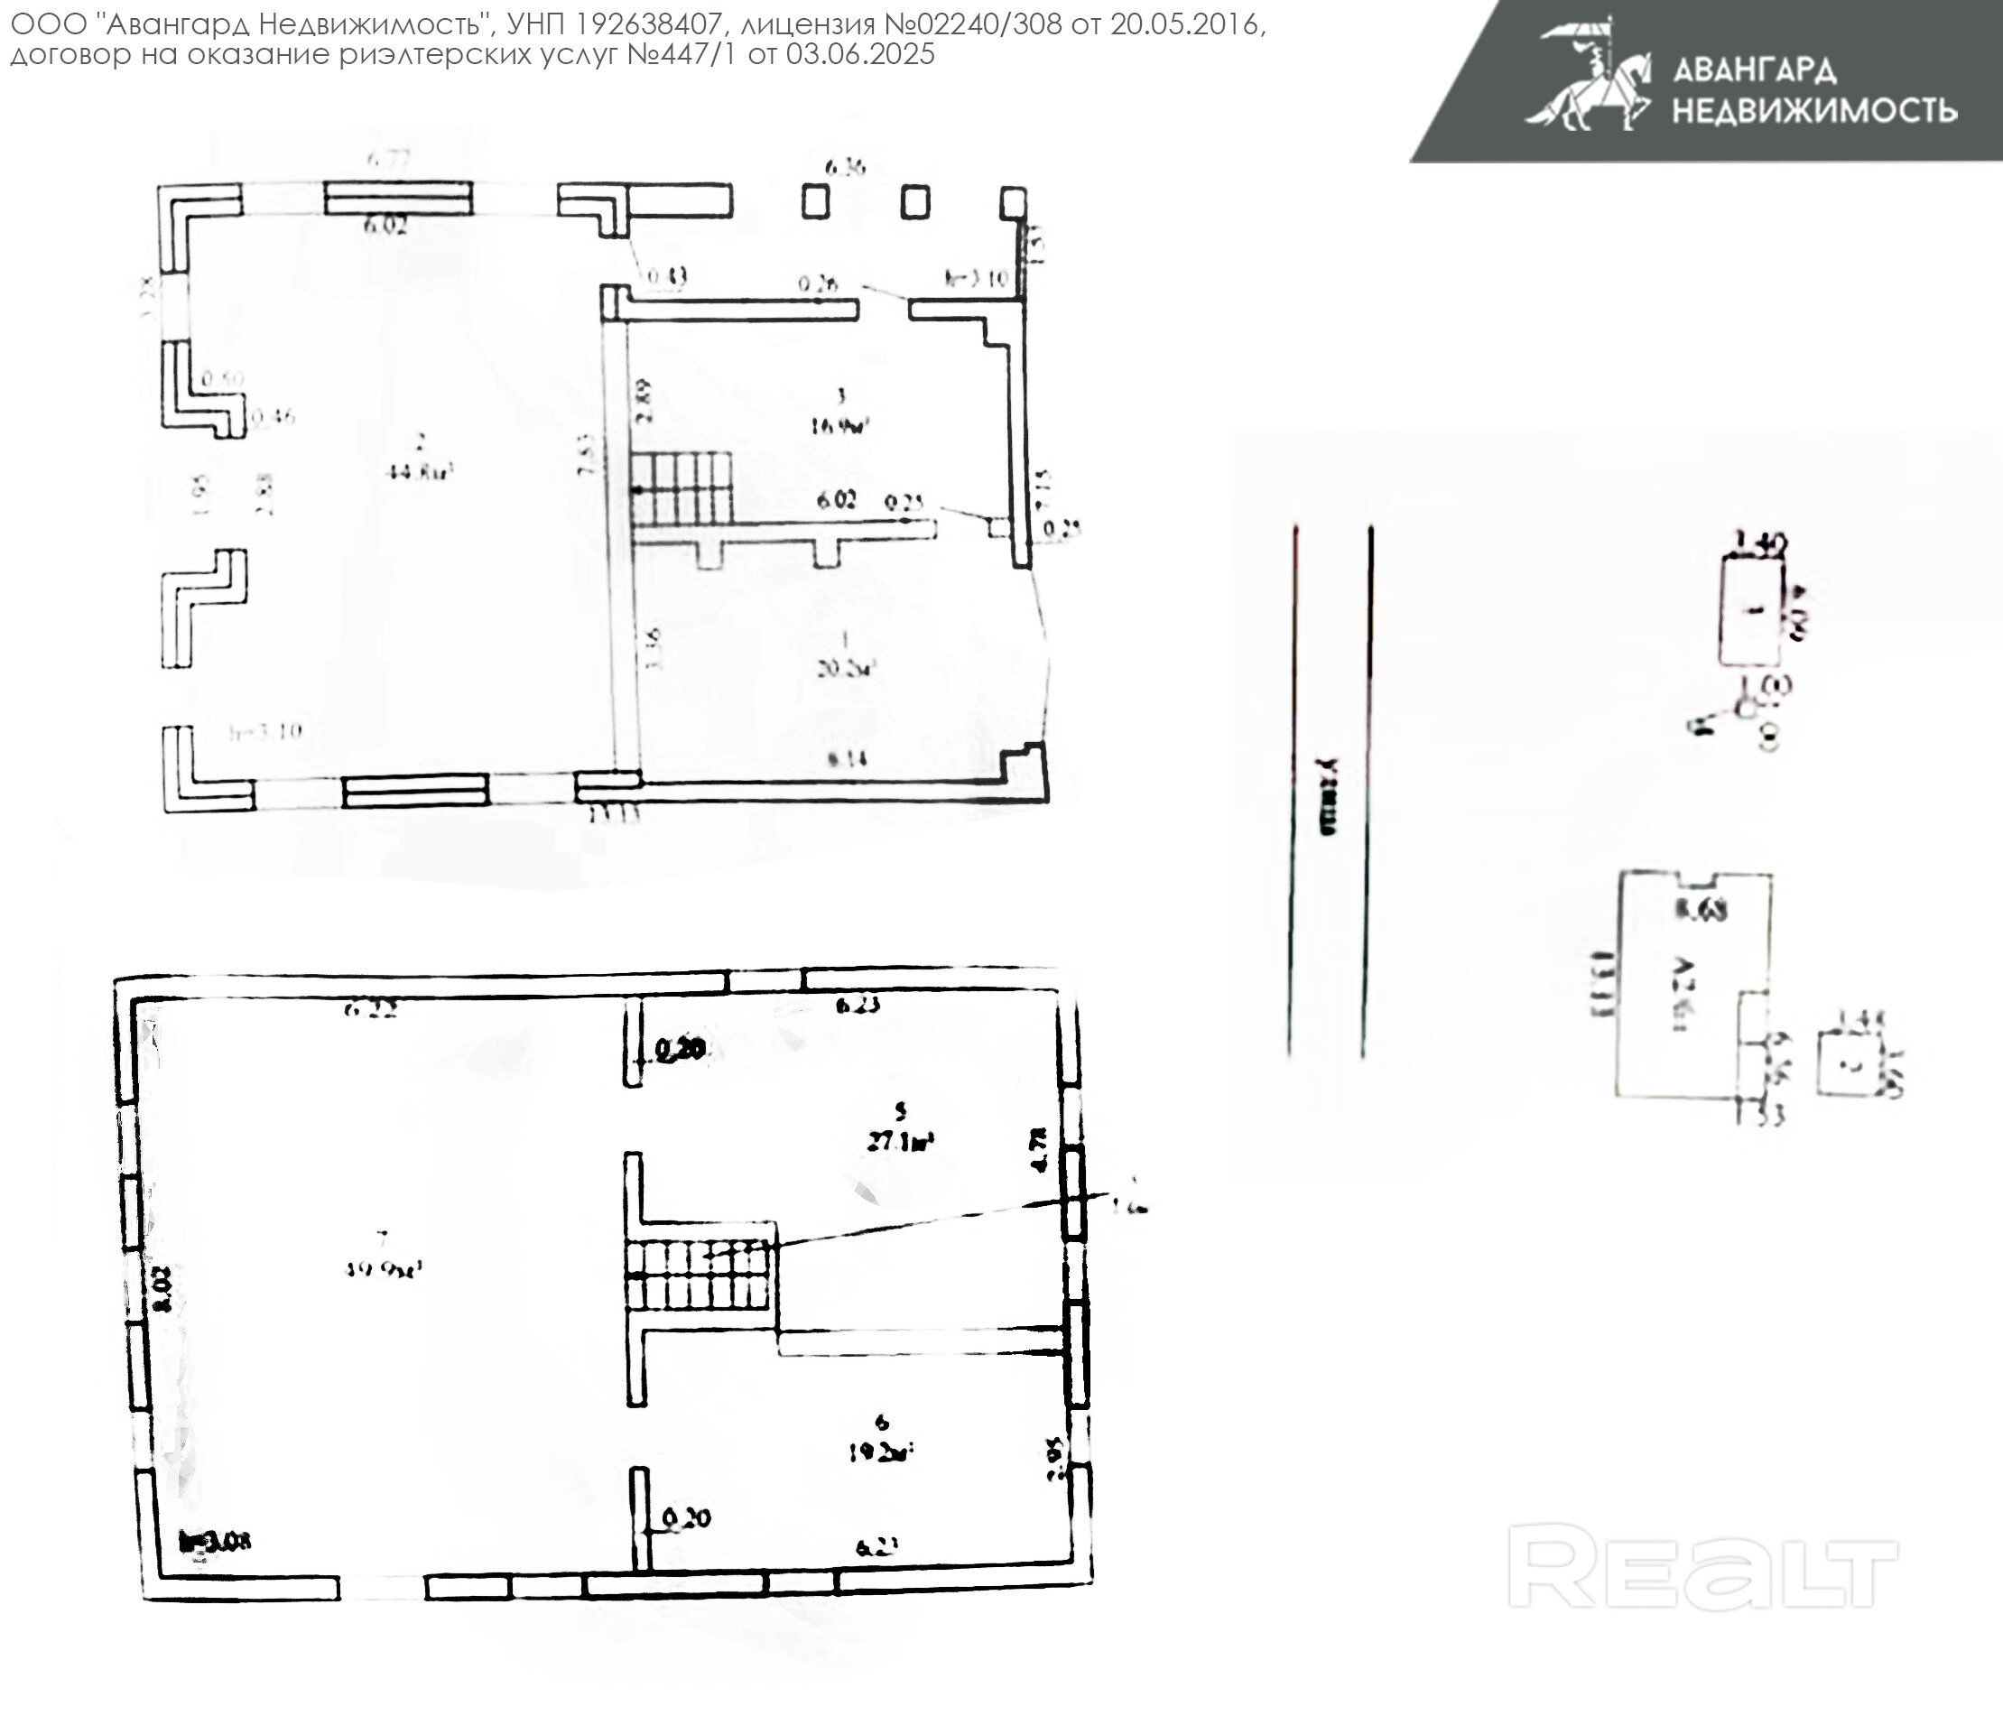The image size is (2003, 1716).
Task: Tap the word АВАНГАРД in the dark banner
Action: click(1754, 70)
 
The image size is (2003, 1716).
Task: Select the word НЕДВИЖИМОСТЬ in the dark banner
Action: click(1814, 111)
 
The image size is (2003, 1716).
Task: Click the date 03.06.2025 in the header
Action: click(859, 54)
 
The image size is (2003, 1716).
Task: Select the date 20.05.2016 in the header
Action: click(1185, 24)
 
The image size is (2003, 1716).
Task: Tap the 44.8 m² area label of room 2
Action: click(421, 472)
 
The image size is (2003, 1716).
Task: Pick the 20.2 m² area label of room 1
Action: click(846, 667)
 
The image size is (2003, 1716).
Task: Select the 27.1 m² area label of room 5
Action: click(900, 1141)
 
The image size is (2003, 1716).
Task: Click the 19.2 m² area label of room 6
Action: click(881, 1452)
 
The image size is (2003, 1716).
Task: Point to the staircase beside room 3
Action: click(682, 488)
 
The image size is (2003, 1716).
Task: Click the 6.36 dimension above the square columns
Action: click(845, 167)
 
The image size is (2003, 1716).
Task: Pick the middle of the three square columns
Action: click(914, 202)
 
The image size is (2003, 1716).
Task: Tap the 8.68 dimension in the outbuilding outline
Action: click(1701, 909)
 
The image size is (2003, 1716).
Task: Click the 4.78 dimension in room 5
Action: click(1040, 1149)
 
